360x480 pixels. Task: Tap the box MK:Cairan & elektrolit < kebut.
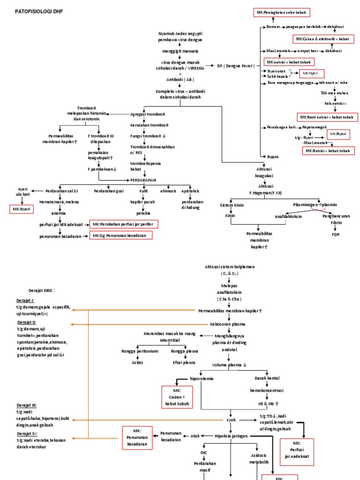click(x=323, y=39)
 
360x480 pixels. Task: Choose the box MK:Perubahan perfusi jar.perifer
click(x=123, y=225)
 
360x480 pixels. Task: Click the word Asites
click(x=137, y=362)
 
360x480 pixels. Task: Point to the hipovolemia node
click(x=201, y=378)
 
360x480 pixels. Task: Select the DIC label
click(x=204, y=452)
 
